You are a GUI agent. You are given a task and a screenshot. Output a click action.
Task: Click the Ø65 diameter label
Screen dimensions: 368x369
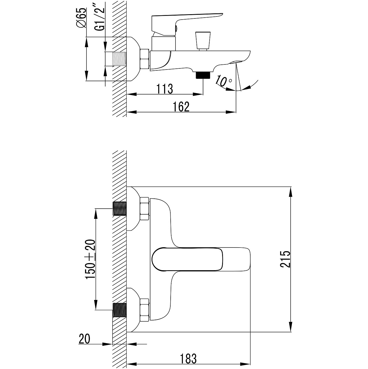click(x=82, y=18)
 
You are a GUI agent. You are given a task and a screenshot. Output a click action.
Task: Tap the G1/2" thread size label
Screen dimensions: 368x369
click(x=100, y=19)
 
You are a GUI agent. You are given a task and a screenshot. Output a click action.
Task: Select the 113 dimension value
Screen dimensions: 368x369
click(x=165, y=89)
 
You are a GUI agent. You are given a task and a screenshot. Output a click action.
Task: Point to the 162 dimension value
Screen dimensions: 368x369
click(x=181, y=107)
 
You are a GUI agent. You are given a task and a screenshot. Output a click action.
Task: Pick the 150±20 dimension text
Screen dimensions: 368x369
click(x=90, y=262)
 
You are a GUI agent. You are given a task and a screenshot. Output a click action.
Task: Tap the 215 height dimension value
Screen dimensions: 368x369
click(x=285, y=259)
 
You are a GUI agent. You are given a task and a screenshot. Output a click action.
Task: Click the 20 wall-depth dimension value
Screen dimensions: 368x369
click(x=84, y=339)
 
